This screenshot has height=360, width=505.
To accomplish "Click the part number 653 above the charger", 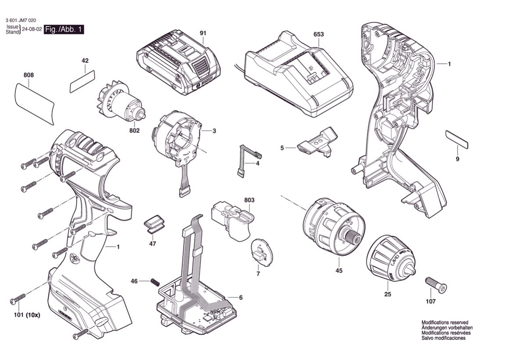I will tap(318, 34).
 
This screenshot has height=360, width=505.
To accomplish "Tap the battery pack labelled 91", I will tap(178, 65).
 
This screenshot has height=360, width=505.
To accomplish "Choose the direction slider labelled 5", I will tap(317, 141).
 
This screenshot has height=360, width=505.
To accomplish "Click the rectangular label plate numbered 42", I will tap(82, 81).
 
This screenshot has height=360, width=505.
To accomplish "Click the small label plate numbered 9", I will tap(457, 139).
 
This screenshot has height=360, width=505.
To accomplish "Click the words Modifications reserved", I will tap(445, 322).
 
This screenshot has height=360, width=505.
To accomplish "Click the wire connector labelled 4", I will tap(247, 159).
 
